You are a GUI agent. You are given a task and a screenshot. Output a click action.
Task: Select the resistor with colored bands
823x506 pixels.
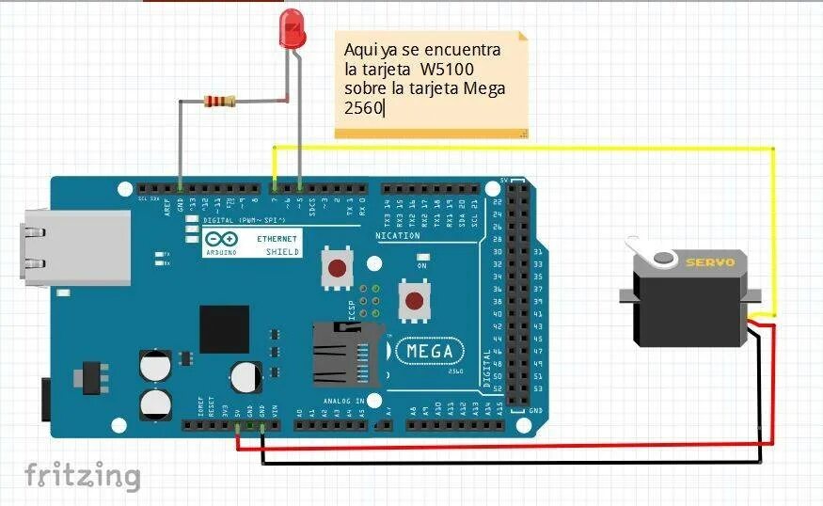point(219,101)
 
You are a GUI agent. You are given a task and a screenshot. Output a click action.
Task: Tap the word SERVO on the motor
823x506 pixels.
point(710,262)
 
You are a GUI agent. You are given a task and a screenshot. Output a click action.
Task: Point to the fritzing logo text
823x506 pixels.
point(83,476)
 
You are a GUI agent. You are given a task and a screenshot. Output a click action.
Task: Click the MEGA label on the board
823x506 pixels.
point(429,352)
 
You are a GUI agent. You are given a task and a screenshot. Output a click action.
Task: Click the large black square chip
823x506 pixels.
point(224,329)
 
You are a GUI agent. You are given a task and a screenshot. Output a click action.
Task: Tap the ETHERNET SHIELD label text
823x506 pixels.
point(278,245)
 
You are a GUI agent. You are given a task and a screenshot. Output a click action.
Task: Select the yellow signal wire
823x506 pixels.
point(527,148)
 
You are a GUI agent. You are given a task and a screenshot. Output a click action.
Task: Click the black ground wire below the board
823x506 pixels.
point(508,462)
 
